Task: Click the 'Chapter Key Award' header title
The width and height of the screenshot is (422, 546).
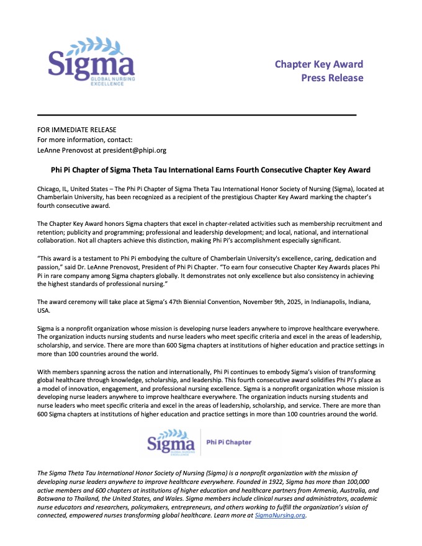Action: (x=319, y=65)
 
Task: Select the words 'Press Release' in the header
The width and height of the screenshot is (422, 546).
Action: (x=332, y=78)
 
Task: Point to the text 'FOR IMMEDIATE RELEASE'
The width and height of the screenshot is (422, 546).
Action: (x=77, y=130)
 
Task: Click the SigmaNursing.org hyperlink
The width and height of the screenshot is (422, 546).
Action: (x=281, y=516)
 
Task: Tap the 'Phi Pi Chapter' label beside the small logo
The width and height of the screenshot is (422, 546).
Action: (x=228, y=442)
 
